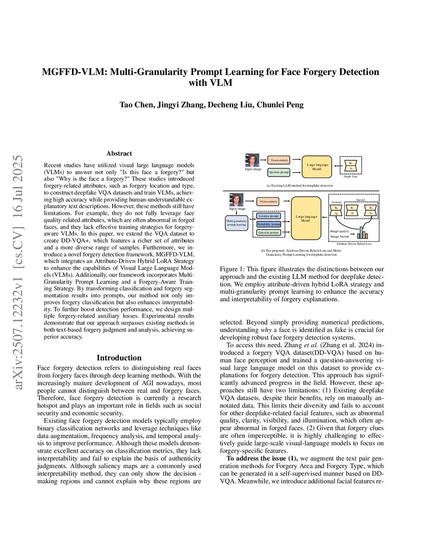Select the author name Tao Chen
[136, 104]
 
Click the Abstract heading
[119, 153]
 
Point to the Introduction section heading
[119, 358]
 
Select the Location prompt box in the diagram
[268, 216]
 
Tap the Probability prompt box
[268, 224]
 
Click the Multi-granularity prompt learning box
[237, 223]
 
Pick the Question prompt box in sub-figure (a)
[279, 172]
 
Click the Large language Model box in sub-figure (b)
[306, 218]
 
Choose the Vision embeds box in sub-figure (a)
[279, 160]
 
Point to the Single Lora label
[350, 176]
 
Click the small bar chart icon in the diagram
[362, 233]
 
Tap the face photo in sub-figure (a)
[252, 160]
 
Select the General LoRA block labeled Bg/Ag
[336, 211]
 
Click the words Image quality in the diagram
[340, 231]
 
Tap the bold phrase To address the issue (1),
[262, 458]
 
